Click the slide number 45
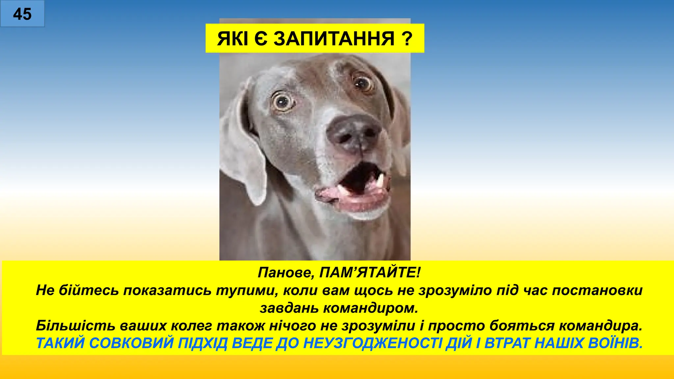tap(22, 14)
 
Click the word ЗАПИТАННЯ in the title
tap(334, 38)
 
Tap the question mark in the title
tap(407, 38)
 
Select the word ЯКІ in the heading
tap(232, 38)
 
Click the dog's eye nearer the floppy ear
tap(282, 102)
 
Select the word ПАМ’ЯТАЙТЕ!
tap(370, 273)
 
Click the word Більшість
tap(75, 326)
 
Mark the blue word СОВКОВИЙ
tap(131, 343)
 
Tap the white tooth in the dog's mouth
tap(380, 180)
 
